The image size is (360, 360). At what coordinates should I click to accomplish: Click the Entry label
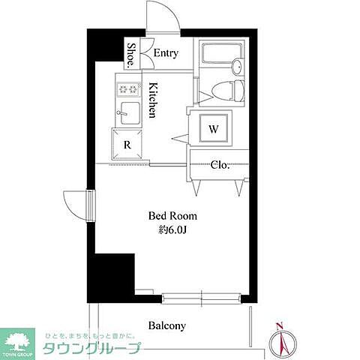165,53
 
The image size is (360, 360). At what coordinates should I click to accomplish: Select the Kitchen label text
151,100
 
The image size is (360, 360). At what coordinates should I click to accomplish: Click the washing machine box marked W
214,129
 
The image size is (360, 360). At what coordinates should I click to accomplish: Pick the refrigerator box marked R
127,145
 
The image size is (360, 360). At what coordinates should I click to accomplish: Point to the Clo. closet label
219,164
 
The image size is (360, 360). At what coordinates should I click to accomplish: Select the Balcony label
166,326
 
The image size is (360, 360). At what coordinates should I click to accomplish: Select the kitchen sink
129,115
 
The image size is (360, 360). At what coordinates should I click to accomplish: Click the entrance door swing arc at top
161,16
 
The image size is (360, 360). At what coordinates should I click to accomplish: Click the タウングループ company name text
91,349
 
